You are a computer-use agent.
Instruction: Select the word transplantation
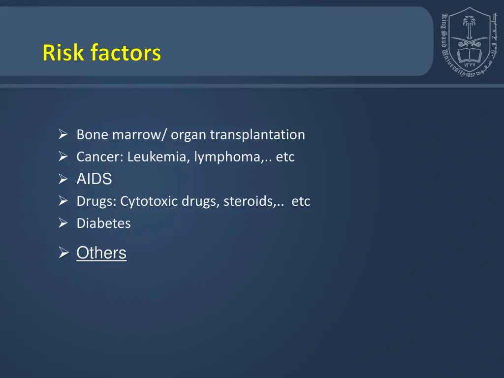pyautogui.click(x=257, y=134)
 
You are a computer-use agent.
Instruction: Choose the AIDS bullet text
pyautogui.click(x=94, y=179)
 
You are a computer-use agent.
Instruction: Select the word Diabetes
pyautogui.click(x=103, y=223)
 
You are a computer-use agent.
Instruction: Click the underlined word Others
pyautogui.click(x=101, y=253)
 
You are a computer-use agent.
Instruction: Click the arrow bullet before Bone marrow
pyautogui.click(x=63, y=134)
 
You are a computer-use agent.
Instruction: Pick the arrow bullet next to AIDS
pyautogui.click(x=63, y=180)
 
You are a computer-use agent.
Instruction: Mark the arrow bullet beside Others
pyautogui.click(x=63, y=253)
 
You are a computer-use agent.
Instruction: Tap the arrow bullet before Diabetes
pyautogui.click(x=63, y=223)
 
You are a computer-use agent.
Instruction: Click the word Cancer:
pyautogui.click(x=100, y=157)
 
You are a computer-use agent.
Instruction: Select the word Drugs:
pyautogui.click(x=96, y=201)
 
